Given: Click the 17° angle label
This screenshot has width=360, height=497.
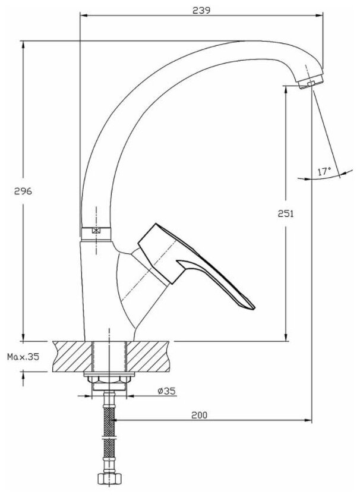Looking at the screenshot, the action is coord(324,171).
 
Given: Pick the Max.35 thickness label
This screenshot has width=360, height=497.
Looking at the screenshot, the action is coord(23,357).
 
